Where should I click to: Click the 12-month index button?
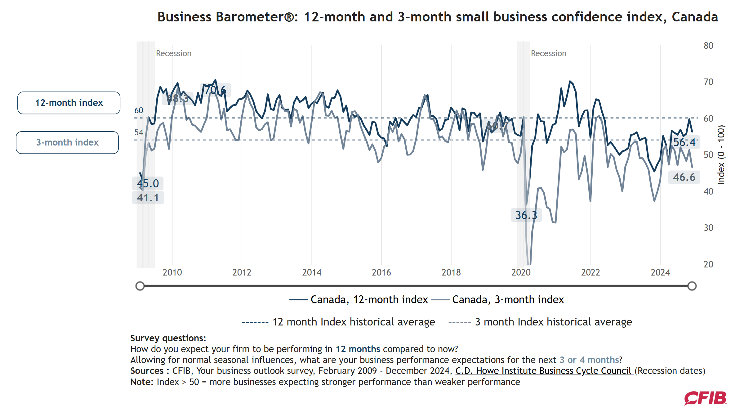69,103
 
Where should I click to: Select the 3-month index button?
67,142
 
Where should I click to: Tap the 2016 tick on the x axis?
381,272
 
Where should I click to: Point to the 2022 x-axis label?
590,272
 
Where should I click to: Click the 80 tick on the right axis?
708,46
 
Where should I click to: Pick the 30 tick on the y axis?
708,228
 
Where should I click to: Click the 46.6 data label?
684,177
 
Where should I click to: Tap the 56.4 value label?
684,142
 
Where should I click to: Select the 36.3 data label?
526,215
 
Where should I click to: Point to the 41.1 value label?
148,198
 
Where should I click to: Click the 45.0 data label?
148,183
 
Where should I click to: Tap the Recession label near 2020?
548,53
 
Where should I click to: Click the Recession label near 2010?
173,53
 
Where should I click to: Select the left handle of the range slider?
140,286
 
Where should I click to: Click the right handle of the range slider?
692,286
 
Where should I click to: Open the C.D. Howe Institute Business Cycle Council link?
544,371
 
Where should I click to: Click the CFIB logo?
705,398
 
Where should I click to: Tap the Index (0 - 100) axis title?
721,155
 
